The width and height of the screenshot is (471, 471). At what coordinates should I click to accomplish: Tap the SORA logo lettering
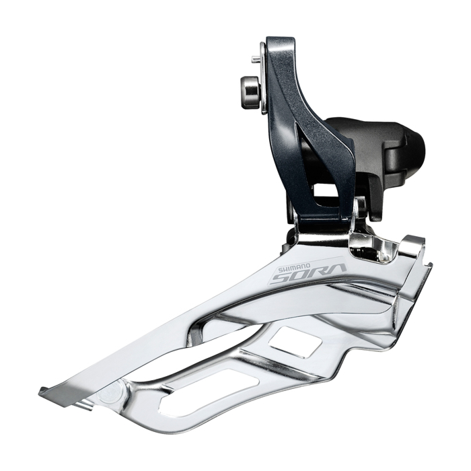(308, 273)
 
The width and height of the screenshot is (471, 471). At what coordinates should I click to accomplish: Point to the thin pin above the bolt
(256, 60)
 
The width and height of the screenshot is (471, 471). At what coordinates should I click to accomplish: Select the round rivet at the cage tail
(110, 396)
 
